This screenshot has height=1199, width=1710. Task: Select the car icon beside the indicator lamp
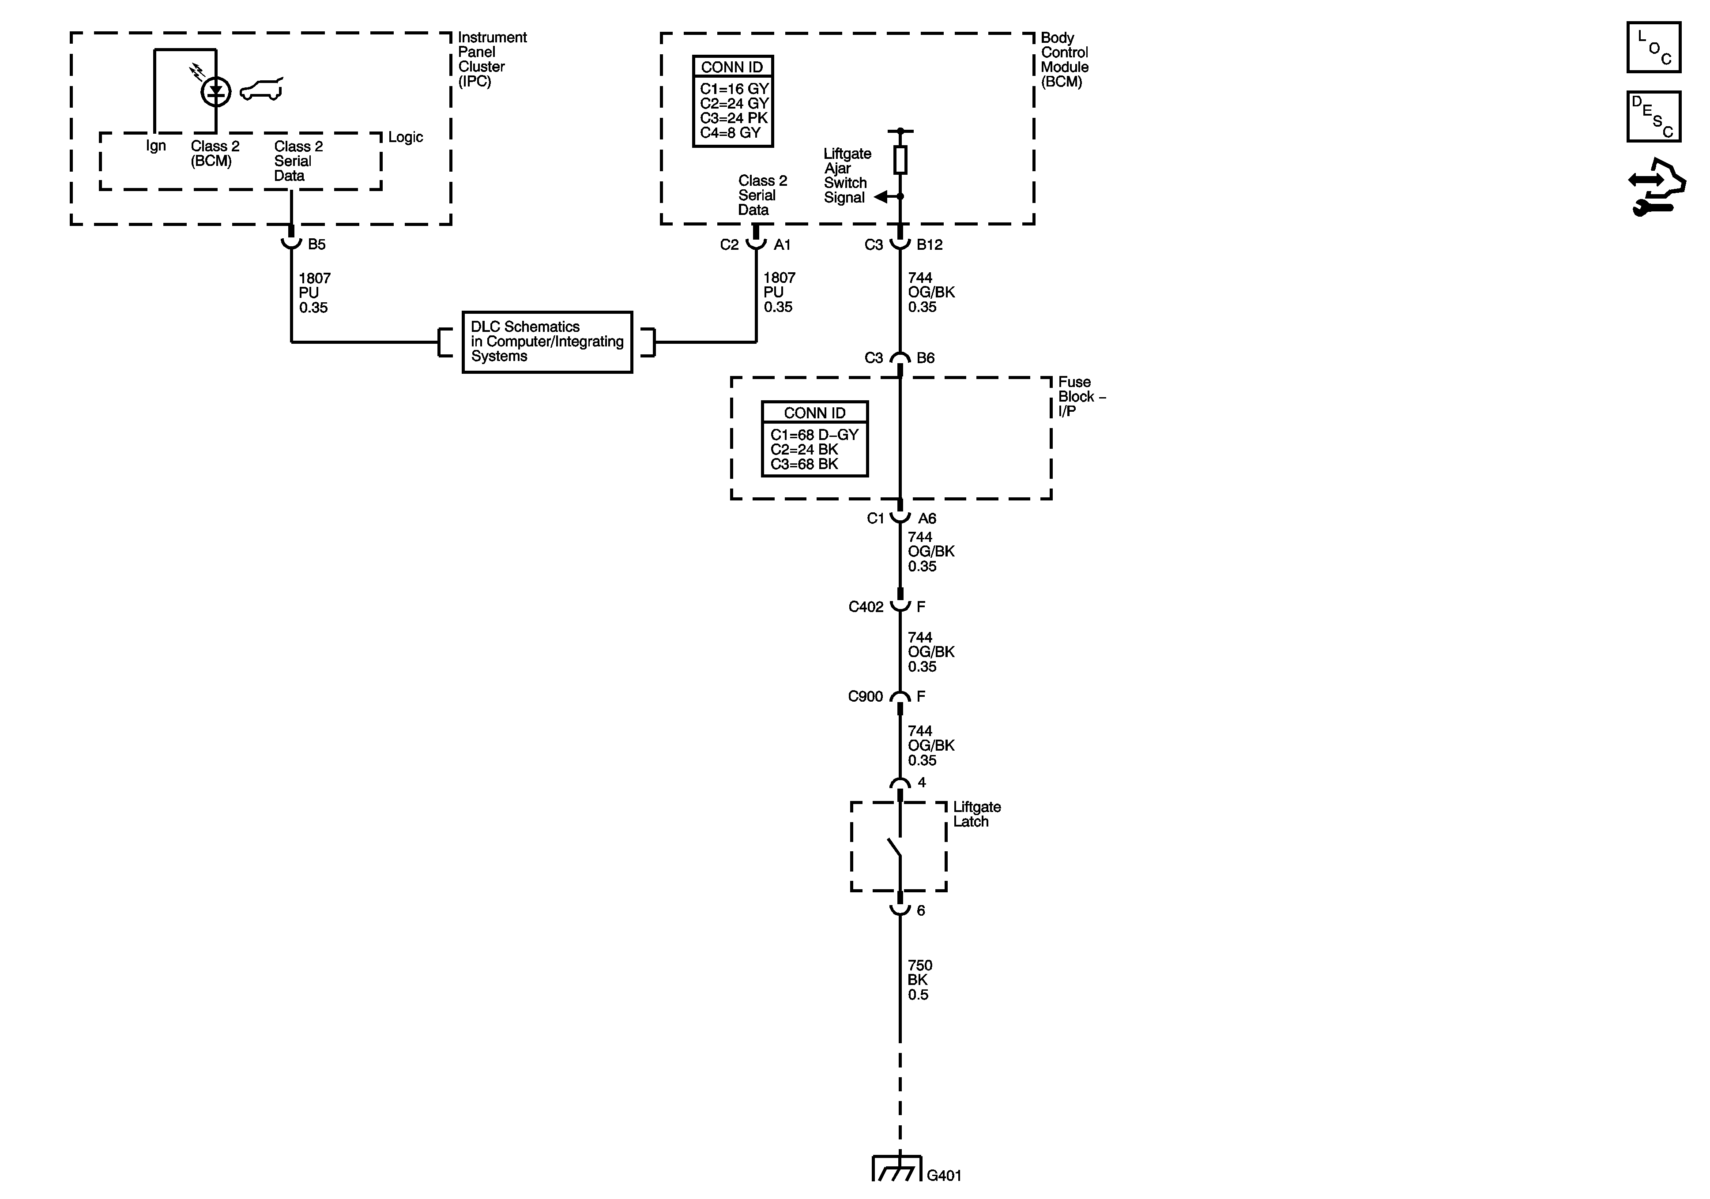[261, 90]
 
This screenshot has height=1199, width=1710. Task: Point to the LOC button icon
[1654, 48]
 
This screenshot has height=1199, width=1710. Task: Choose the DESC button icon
[1654, 116]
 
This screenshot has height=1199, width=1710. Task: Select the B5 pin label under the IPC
[316, 244]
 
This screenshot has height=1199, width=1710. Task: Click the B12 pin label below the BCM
[930, 244]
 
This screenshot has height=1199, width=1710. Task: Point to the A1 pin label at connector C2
[782, 244]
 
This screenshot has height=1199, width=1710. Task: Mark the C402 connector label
[866, 607]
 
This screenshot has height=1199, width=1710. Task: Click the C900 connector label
[866, 696]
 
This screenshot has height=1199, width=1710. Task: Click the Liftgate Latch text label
[976, 814]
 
